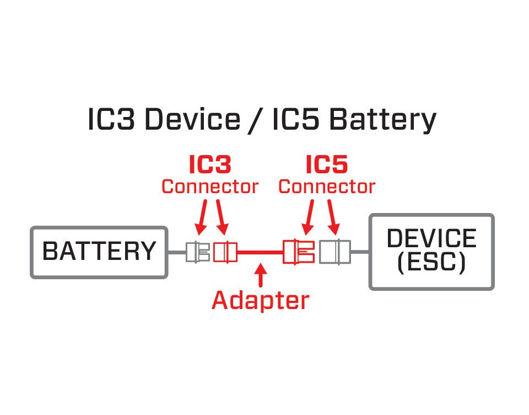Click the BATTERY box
[x=99, y=252]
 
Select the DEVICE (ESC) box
[x=431, y=252]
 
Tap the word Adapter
[x=260, y=301]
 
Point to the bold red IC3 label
[x=210, y=164]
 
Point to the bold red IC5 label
[x=327, y=164]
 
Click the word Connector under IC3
[x=210, y=187]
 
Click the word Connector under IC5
[x=327, y=187]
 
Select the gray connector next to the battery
[x=198, y=252]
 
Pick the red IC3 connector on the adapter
[x=225, y=252]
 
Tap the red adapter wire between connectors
[x=260, y=252]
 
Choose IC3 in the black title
[x=111, y=120]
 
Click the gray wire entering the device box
[x=360, y=252]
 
